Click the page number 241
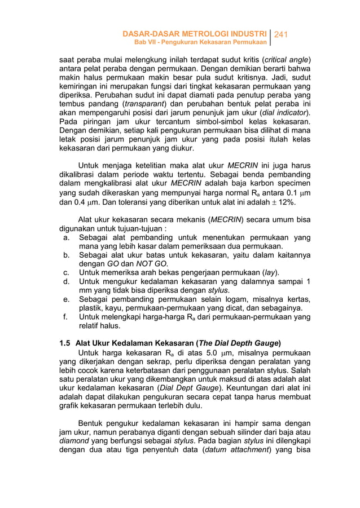pos(281,34)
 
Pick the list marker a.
pos(67,238)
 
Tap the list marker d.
pos(67,281)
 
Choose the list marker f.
pos(67,317)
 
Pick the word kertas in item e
pos(297,299)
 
